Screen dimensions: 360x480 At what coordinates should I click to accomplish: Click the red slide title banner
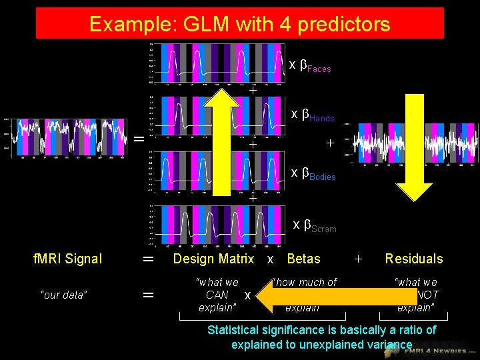coord(239,23)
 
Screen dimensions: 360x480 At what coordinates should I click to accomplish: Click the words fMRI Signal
coord(67,259)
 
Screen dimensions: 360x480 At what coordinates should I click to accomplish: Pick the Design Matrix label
coord(213,259)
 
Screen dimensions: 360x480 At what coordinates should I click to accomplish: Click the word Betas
coord(303,259)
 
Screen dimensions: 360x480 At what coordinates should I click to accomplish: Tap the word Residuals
coord(413,259)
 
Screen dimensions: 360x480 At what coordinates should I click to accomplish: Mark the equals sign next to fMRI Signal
coord(148,259)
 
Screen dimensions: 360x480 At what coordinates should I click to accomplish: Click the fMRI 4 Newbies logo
coord(440,347)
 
